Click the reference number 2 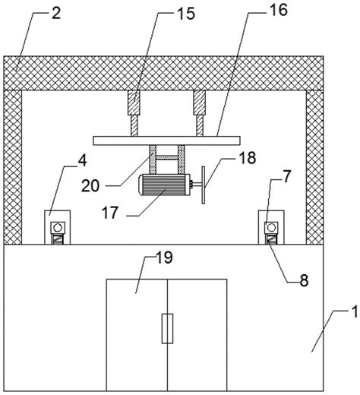coord(56,13)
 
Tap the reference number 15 coord(186,14)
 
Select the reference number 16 coord(279,10)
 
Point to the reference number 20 coord(90,186)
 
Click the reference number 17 coord(110,212)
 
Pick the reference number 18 coord(247,157)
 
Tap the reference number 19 coord(164,258)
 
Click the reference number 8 coord(304,280)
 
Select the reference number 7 coord(286,176)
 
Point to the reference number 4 coord(82,161)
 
